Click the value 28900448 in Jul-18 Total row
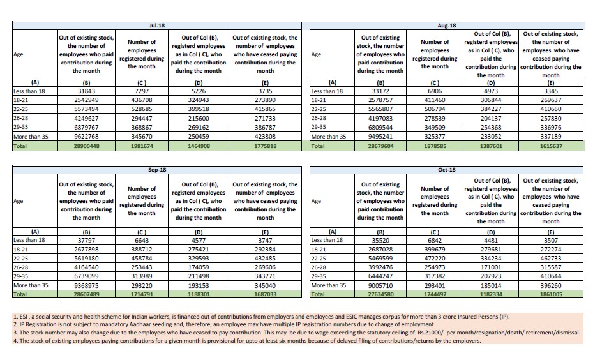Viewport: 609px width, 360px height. pos(86,146)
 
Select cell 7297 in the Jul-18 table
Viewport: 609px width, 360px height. pos(142,91)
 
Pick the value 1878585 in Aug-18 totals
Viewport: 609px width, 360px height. pos(435,146)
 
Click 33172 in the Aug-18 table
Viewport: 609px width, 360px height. pos(380,91)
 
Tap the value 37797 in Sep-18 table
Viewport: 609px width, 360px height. pos(86,240)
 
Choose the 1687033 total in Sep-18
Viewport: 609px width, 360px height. pos(265,295)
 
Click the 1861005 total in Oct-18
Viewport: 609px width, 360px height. pos(551,295)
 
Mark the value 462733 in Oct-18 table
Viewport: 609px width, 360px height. pos(551,259)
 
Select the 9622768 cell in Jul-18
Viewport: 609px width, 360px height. pos(86,136)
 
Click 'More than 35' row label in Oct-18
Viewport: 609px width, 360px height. pos(329,286)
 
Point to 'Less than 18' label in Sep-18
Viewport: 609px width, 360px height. pos(29,240)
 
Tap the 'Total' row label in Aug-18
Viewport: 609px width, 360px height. pos(319,146)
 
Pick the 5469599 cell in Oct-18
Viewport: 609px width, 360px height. pos(380,259)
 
